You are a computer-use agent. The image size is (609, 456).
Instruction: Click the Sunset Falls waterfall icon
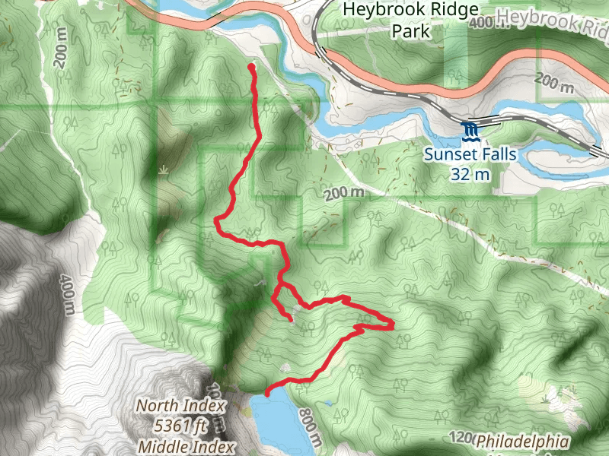(470, 131)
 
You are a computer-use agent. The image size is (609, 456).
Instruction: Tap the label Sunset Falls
(470, 155)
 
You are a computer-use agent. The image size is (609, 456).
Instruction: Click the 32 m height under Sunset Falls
(470, 174)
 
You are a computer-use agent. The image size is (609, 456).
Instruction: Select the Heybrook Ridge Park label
(412, 21)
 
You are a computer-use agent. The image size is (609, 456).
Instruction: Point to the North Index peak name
(174, 406)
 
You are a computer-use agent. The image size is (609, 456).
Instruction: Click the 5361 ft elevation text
(174, 425)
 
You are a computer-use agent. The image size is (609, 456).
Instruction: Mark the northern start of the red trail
(251, 68)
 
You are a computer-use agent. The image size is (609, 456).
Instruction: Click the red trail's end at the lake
(267, 392)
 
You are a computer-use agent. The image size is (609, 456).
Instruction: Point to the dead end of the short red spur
(291, 320)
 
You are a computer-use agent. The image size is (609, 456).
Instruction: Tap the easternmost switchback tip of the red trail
(392, 325)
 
